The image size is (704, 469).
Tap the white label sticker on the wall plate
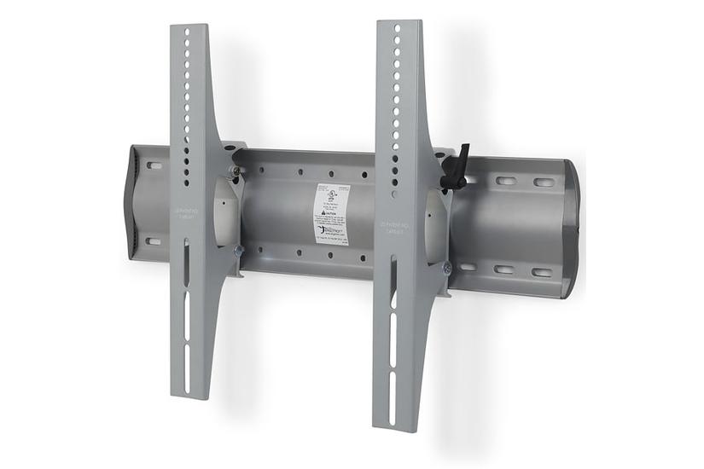click(331, 213)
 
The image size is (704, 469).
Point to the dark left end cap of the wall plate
click(134, 201)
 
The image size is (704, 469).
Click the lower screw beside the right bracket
click(446, 268)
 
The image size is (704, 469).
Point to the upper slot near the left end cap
click(154, 165)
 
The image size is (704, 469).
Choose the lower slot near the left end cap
click(153, 240)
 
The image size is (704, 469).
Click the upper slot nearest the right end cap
click(544, 182)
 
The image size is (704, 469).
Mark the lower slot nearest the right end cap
click(542, 273)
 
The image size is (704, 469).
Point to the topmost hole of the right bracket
click(398, 27)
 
